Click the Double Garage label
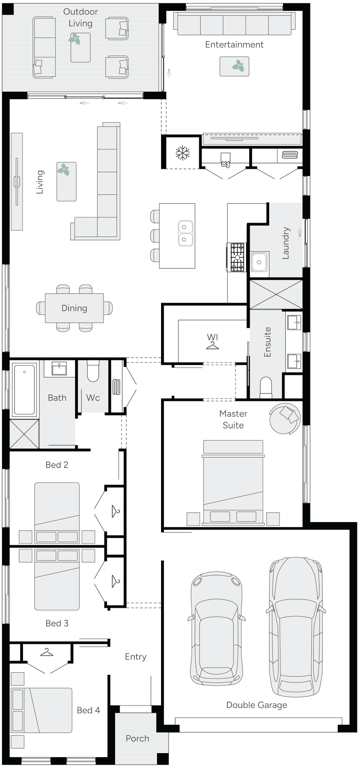(x=256, y=705)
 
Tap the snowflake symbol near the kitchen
(x=182, y=153)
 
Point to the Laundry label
(x=285, y=243)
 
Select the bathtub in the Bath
(x=24, y=390)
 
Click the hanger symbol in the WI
(x=212, y=345)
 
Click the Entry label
(x=135, y=657)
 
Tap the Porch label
(x=137, y=738)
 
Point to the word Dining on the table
(x=74, y=308)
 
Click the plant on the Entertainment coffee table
(x=238, y=67)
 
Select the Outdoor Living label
(x=81, y=18)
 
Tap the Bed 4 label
(x=88, y=710)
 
